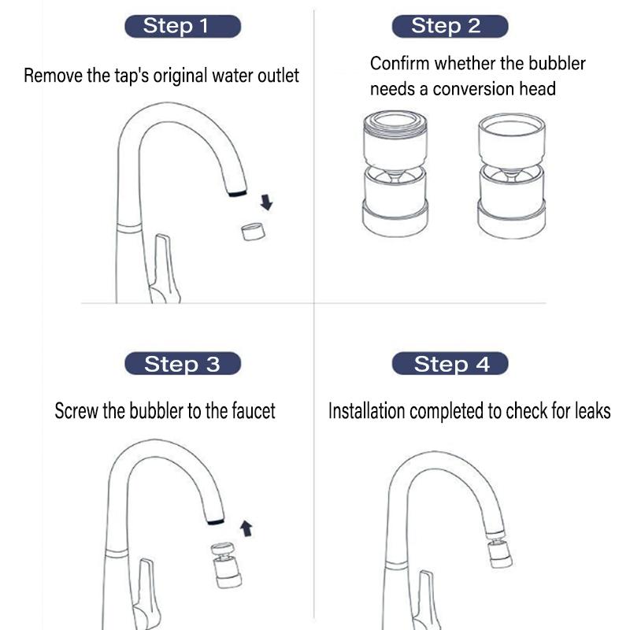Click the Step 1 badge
(x=182, y=26)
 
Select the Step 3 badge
(x=182, y=364)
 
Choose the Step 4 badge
(x=450, y=364)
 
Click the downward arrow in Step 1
(x=266, y=202)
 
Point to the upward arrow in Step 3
(x=246, y=528)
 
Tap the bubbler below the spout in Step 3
(x=224, y=565)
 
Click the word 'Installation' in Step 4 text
(x=364, y=410)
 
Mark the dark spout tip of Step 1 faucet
(x=237, y=192)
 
